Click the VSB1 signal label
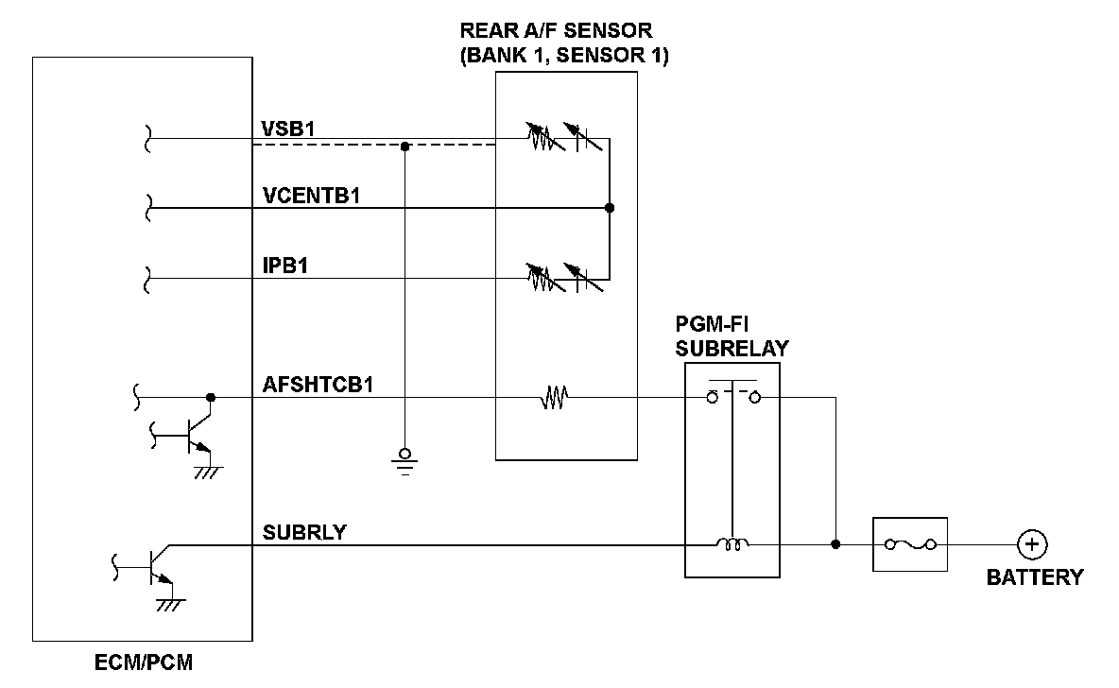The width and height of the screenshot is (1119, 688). pos(288,129)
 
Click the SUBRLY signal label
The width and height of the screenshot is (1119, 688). pos(304,532)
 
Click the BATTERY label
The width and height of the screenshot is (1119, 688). pos(1035,577)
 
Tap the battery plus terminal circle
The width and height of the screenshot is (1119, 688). pos(1032,545)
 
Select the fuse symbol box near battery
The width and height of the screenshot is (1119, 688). pos(910,544)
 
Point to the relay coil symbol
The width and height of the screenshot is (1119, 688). pos(732,544)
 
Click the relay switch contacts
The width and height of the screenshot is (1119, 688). pos(733,396)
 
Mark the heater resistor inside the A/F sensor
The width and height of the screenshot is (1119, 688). pos(553,401)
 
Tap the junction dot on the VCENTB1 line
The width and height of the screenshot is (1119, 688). pos(610,208)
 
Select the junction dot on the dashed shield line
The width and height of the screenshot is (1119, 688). pos(405,146)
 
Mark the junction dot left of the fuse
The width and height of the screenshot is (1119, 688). pos(835,545)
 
